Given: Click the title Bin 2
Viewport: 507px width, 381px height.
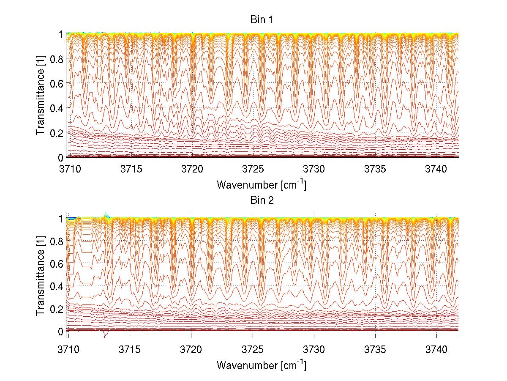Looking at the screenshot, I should pyautogui.click(x=262, y=200).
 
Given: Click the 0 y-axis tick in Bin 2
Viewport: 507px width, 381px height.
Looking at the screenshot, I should pyautogui.click(x=61, y=331).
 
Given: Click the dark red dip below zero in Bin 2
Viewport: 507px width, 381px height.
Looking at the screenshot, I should pyautogui.click(x=105, y=335).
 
